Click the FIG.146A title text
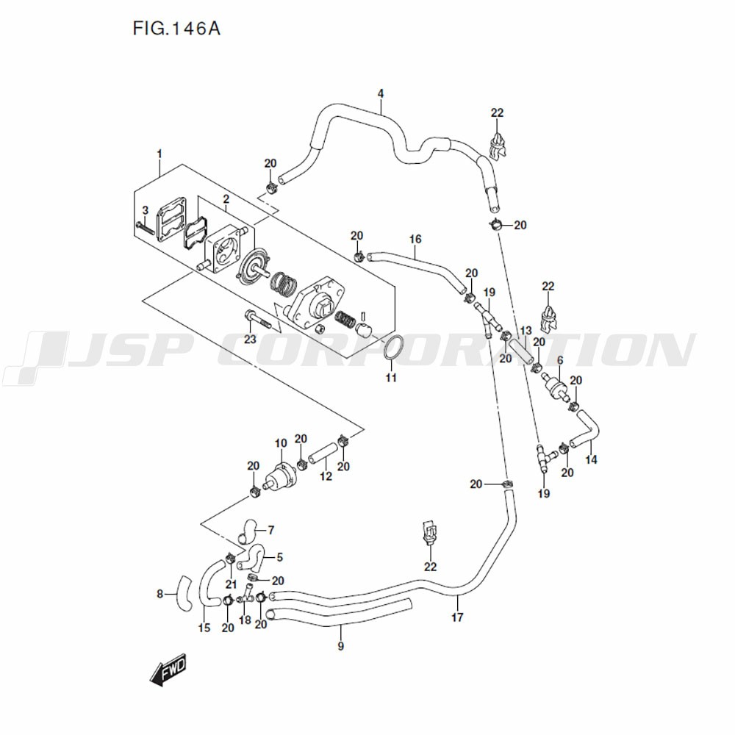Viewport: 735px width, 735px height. click(x=176, y=29)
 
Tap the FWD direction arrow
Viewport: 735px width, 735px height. click(x=168, y=669)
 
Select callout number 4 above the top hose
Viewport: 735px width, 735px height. click(x=381, y=93)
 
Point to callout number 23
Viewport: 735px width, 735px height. click(x=250, y=340)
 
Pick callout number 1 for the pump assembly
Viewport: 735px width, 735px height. click(x=159, y=153)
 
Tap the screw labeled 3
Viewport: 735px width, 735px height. click(x=146, y=229)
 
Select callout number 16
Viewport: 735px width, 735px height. click(x=415, y=240)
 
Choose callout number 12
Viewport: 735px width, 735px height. click(x=326, y=477)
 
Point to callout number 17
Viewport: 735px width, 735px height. click(x=457, y=617)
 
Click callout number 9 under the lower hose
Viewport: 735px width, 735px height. click(x=340, y=647)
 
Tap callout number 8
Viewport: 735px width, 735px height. click(x=160, y=594)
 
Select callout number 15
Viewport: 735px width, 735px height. click(x=204, y=628)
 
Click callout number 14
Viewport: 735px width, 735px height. click(x=592, y=461)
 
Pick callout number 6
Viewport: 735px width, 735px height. click(x=559, y=360)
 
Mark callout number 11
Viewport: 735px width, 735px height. click(x=391, y=378)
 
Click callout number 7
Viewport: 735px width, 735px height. click(x=270, y=529)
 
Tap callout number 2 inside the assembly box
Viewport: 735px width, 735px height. click(x=226, y=199)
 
